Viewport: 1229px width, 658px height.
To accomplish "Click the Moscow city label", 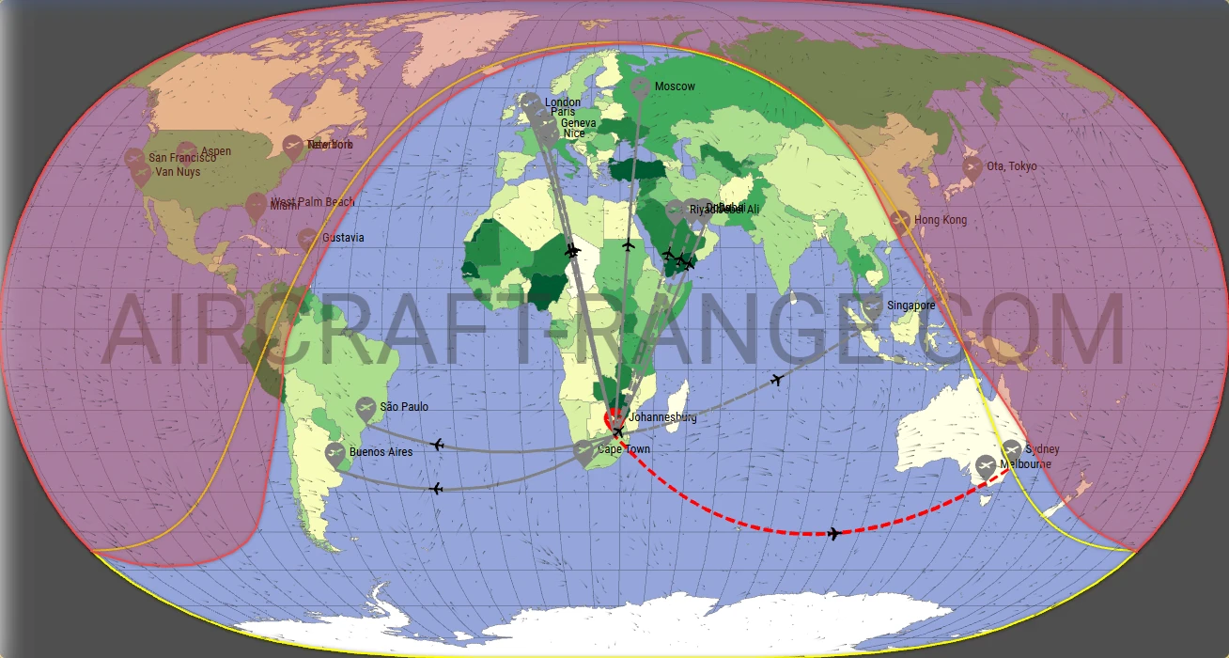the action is [675, 87].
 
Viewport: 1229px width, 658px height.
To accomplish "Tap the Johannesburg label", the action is [662, 417].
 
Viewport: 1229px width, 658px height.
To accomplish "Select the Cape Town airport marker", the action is [583, 451].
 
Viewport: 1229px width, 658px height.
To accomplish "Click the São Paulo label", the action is [404, 407].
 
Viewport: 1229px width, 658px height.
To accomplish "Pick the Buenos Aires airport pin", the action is [335, 454].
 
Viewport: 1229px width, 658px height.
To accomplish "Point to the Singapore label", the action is [910, 305].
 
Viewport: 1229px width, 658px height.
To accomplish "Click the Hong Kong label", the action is [941, 220].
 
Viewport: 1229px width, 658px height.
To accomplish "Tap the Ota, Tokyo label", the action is [1012, 166].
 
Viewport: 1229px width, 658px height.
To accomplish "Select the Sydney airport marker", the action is [1012, 450].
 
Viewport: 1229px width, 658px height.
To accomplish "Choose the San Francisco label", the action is [182, 158].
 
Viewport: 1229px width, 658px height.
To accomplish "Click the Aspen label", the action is [216, 151].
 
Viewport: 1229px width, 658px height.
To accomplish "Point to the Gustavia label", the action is [343, 238].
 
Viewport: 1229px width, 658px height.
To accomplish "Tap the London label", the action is [563, 102].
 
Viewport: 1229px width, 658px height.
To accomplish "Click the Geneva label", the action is [578, 123].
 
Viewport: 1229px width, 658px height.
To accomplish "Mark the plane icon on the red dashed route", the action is [833, 534].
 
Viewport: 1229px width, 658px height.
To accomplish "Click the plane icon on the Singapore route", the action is [776, 380].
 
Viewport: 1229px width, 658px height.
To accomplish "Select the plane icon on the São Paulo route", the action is [437, 444].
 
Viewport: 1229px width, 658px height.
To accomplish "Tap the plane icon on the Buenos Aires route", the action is [436, 488].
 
